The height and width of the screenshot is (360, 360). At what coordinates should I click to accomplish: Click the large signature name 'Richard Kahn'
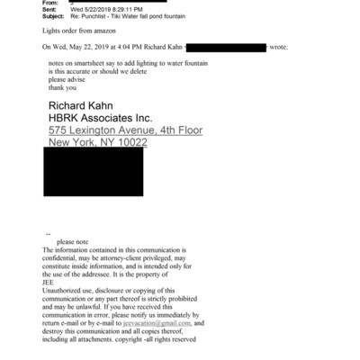[88, 103]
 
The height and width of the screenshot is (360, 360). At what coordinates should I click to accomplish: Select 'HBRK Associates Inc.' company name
[101, 117]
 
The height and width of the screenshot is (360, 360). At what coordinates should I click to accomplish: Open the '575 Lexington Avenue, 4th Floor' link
[125, 130]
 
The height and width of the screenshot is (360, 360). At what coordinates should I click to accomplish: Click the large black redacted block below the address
[112, 174]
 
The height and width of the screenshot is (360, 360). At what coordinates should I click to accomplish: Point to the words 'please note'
[75, 242]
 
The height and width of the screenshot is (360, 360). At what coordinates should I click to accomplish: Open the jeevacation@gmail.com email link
[158, 323]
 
